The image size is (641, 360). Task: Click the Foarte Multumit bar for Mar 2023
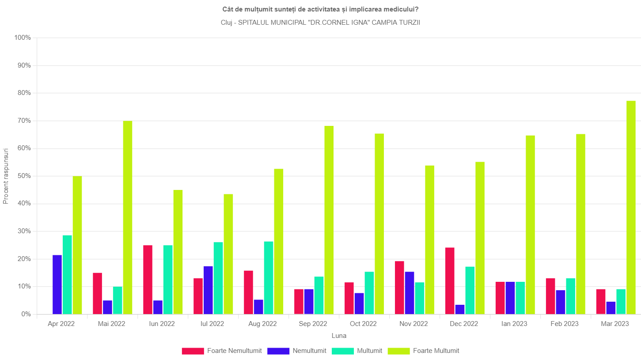pyautogui.click(x=631, y=208)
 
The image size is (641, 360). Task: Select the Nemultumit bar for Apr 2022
pyautogui.click(x=57, y=285)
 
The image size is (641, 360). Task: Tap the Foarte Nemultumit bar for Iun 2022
pyautogui.click(x=148, y=280)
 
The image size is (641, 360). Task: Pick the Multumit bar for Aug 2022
pyautogui.click(x=269, y=278)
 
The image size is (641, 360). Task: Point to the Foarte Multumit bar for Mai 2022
pyautogui.click(x=128, y=217)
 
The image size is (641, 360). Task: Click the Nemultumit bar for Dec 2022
pyautogui.click(x=460, y=309)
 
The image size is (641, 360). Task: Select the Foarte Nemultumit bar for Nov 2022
pyautogui.click(x=399, y=288)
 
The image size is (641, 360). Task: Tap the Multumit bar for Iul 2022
pyautogui.click(x=218, y=278)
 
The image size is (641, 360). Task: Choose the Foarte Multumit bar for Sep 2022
pyautogui.click(x=329, y=220)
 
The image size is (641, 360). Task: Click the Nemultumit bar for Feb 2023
pyautogui.click(x=561, y=302)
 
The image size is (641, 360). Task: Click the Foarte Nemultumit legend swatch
pyautogui.click(x=193, y=351)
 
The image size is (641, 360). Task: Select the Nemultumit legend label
pyautogui.click(x=309, y=351)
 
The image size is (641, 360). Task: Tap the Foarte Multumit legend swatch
pyautogui.click(x=398, y=351)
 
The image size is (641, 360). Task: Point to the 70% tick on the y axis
pyautogui.click(x=34, y=121)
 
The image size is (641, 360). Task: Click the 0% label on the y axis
pyautogui.click(x=26, y=314)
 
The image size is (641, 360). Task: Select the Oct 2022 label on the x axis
pyautogui.click(x=363, y=324)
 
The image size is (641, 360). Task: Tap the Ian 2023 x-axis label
pyautogui.click(x=514, y=324)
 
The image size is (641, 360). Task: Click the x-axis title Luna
pyautogui.click(x=339, y=336)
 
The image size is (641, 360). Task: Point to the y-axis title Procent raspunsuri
pyautogui.click(x=6, y=176)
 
